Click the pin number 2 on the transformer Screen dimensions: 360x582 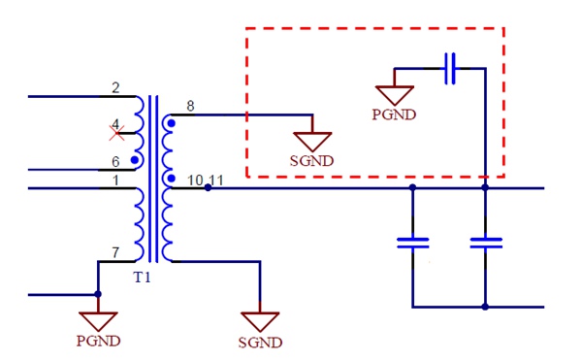point(115,88)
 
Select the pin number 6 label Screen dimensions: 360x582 point(115,161)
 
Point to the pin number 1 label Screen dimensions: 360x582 point(115,180)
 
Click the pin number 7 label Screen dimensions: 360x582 point(115,253)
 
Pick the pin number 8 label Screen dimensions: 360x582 point(189,106)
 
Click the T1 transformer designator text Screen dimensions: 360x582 point(144,278)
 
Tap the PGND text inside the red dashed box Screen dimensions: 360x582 point(394,115)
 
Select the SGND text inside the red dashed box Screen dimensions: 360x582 point(312,160)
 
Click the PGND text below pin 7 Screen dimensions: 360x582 point(98,341)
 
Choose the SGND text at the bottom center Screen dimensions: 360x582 point(260,342)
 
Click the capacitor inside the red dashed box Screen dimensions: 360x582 point(450,69)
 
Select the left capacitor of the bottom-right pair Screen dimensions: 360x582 point(413,243)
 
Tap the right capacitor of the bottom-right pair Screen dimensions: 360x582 point(485,243)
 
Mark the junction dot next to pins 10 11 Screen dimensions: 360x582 point(210,188)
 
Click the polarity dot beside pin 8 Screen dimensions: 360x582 point(172,123)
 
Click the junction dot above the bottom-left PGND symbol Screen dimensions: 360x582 point(98,294)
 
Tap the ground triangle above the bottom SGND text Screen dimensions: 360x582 point(260,321)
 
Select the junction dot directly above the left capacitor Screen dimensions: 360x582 point(413,188)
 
